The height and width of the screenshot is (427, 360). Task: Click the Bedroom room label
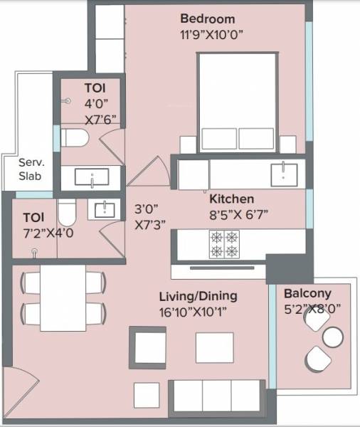[x=208, y=19]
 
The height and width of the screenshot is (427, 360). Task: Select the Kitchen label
[x=232, y=199]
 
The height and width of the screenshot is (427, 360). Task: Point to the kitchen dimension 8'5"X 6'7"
[x=238, y=213]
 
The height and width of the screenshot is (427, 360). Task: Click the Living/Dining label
[x=197, y=296]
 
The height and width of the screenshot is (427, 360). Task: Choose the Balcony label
[x=307, y=293]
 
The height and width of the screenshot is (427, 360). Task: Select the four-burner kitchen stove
[x=223, y=244]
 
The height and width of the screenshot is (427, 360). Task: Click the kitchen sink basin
[x=287, y=174]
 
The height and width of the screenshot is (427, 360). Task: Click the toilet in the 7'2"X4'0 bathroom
[x=66, y=213]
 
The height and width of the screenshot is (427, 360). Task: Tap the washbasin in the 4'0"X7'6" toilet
[x=92, y=176]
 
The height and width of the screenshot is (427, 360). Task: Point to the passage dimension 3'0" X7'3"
[x=150, y=216]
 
